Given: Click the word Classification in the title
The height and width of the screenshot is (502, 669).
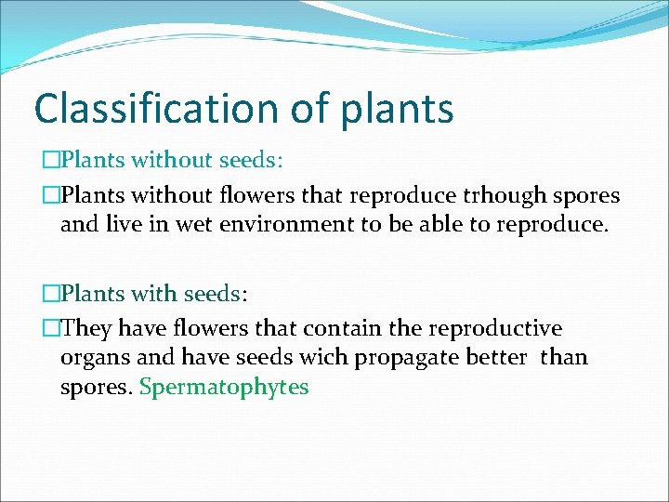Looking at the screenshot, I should coord(149,108).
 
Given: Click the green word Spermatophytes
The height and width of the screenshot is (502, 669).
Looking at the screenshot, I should coord(223,388).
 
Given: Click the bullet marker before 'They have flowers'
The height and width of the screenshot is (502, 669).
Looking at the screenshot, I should coord(51,329).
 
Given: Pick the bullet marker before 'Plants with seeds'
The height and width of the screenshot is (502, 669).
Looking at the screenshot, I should coord(51,294).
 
